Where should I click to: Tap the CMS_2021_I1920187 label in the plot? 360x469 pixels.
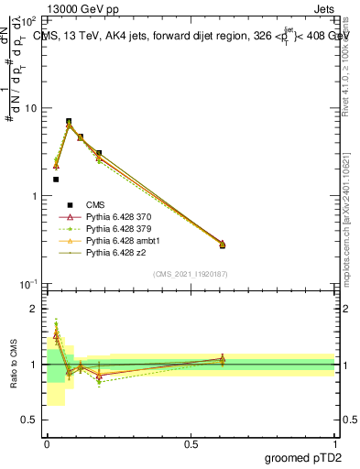tap(190, 273)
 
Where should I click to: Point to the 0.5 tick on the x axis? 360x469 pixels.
tap(191, 443)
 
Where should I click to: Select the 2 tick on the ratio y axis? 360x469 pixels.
tap(37, 309)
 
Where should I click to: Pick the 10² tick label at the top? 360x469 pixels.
tap(29, 20)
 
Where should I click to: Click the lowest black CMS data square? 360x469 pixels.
tap(56, 180)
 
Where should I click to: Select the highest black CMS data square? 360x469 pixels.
tap(69, 121)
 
